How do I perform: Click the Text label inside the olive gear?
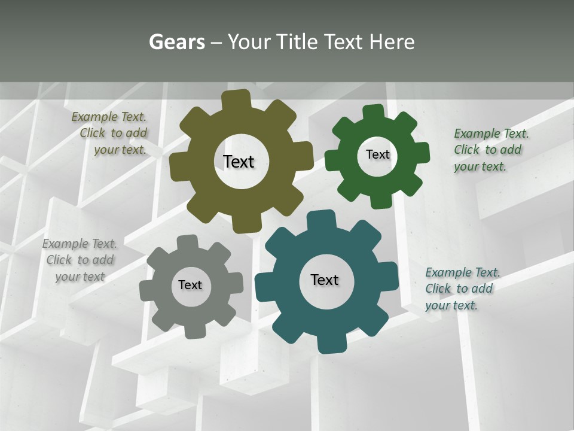(239, 162)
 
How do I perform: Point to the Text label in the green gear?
(377, 154)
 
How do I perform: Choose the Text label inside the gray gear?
(190, 285)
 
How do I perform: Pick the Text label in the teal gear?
(325, 280)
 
